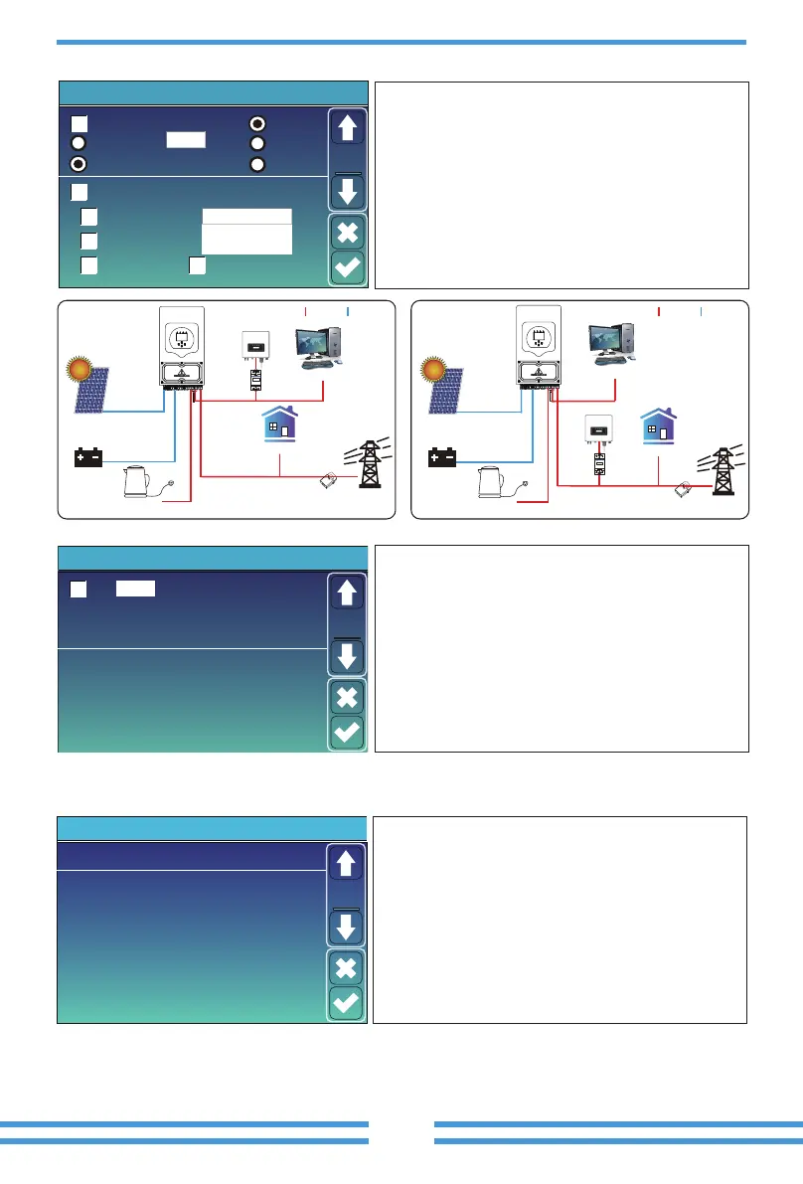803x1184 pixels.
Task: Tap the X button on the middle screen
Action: (347, 696)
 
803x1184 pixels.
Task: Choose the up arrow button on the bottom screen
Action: (347, 863)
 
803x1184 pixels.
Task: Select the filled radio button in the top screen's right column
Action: (257, 123)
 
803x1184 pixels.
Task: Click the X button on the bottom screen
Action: (347, 967)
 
